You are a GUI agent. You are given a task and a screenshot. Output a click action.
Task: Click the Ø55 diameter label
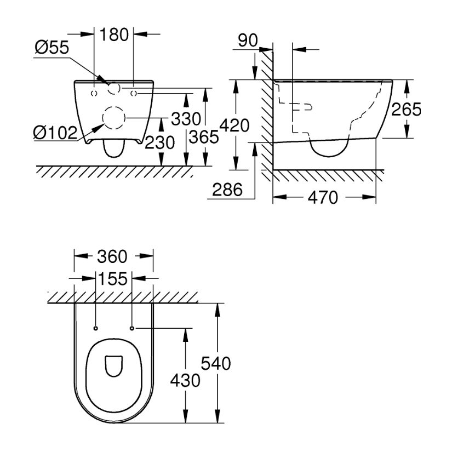point(52,49)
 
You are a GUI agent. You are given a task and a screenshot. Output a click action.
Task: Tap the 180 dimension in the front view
point(114,35)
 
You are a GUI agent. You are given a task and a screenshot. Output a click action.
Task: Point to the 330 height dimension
point(185,119)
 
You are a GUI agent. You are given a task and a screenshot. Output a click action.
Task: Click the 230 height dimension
point(159,143)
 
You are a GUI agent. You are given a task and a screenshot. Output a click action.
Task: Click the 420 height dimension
point(234,125)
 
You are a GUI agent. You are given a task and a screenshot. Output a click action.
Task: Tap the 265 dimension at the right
point(406,110)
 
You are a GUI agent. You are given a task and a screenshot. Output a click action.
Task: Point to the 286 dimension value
point(227,190)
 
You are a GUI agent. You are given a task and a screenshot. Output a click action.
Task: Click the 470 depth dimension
point(324,198)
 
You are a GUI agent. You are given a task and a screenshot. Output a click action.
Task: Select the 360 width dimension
point(113,256)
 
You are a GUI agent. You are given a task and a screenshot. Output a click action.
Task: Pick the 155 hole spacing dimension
point(113,279)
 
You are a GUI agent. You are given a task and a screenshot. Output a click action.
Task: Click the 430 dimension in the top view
point(185,380)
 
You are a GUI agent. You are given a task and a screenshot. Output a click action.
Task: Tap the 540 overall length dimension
point(216,363)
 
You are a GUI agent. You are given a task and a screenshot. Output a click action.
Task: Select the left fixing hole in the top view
point(95,328)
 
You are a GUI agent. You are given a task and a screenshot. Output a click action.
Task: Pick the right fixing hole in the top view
point(132,328)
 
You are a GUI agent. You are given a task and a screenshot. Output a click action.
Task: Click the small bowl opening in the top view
point(113,366)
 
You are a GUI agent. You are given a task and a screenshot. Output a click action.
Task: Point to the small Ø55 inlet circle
point(115,88)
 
